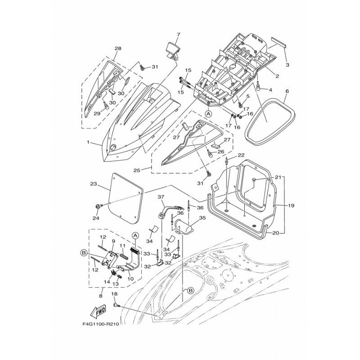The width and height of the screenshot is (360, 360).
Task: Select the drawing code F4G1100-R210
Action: click(x=100, y=324)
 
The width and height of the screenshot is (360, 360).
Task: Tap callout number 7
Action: click(x=178, y=35)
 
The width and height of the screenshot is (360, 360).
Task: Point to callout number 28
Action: click(x=118, y=49)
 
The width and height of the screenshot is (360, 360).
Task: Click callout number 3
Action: click(x=288, y=65)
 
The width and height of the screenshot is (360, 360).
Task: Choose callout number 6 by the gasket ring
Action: click(x=287, y=91)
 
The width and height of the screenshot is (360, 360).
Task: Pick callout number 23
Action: click(x=94, y=184)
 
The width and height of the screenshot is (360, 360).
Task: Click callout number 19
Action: click(x=291, y=206)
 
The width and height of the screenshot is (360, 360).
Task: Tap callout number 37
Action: click(x=161, y=197)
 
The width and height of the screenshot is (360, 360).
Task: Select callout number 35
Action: click(x=202, y=217)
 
